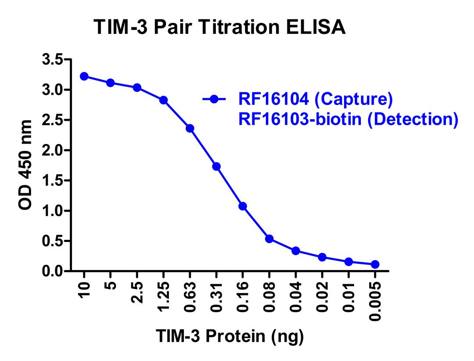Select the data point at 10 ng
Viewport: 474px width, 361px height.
coord(84,76)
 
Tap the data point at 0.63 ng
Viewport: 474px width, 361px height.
coord(190,128)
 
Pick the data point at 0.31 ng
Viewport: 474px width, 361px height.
coord(216,166)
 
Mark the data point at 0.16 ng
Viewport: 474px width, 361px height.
coord(242,206)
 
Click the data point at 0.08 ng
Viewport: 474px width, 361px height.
coord(269,239)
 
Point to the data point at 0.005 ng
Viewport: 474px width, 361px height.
coord(375,264)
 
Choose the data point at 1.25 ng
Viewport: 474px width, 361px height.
coord(163,100)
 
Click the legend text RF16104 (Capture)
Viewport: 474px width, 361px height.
coord(315,99)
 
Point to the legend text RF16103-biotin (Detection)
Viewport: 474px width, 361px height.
coord(348,119)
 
